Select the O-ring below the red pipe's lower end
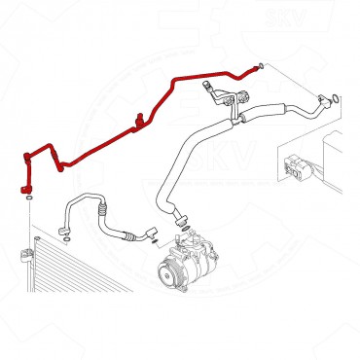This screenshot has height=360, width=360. (x=29, y=198)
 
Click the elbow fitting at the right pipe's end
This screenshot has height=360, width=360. (x=319, y=97)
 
